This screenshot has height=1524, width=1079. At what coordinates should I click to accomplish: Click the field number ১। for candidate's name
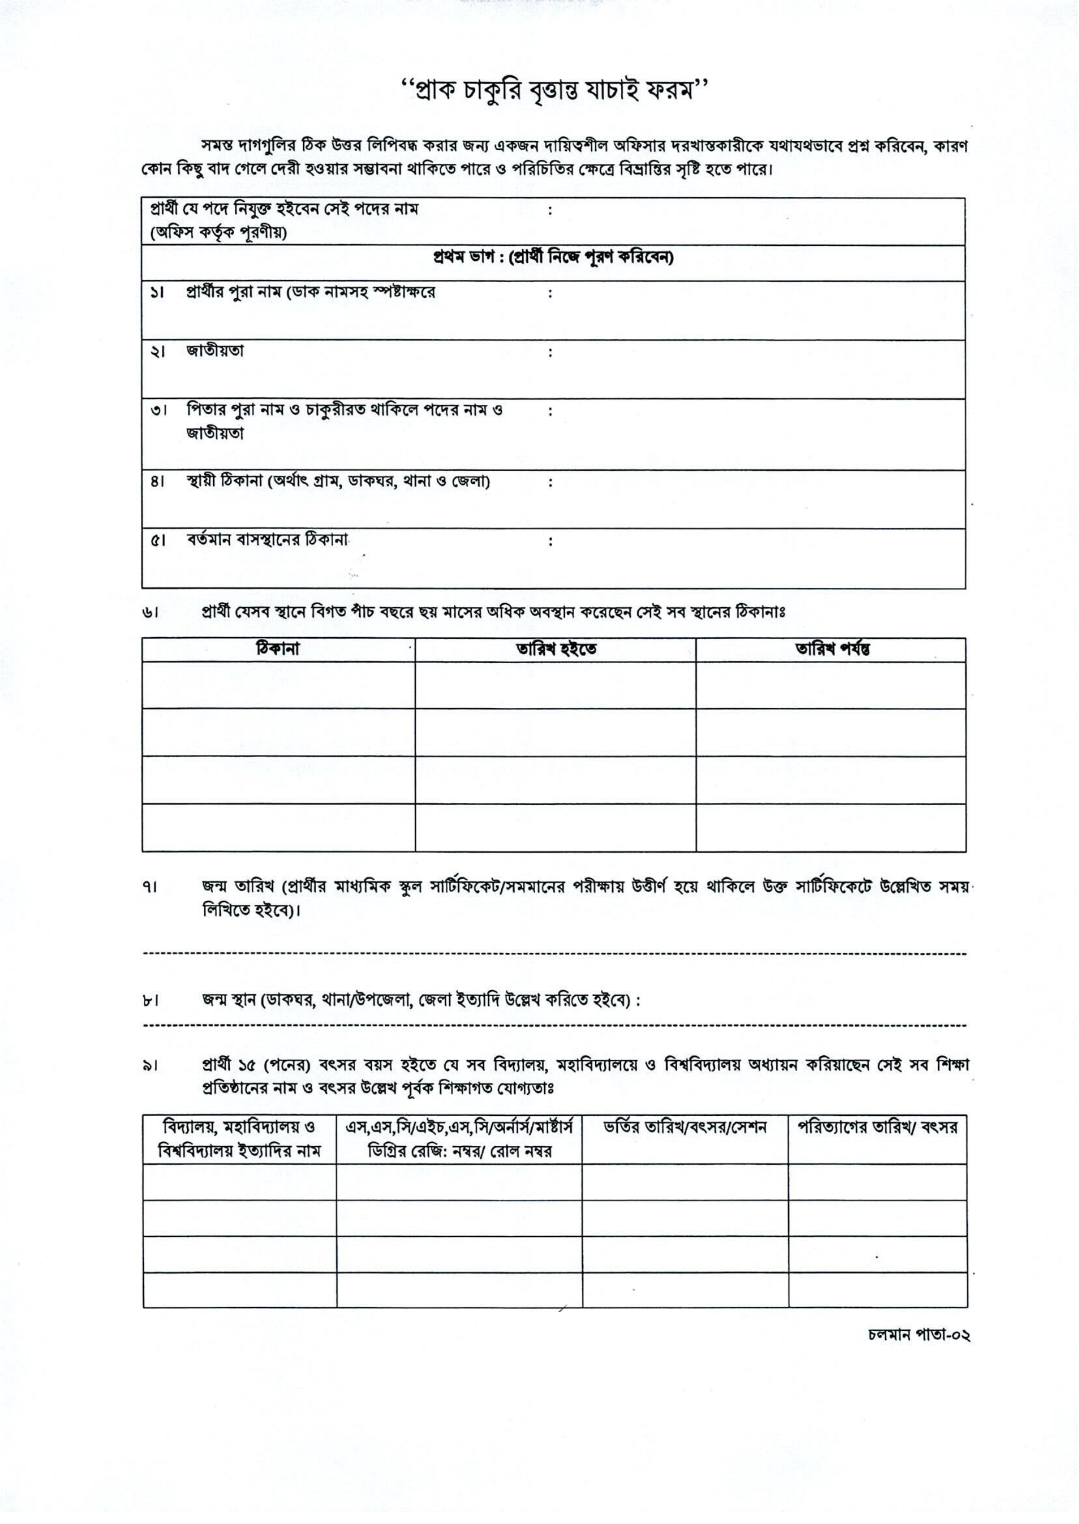click(157, 293)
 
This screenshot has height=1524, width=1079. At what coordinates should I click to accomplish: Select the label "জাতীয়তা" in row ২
click(215, 351)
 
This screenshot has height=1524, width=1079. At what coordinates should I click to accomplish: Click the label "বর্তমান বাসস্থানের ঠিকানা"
click(267, 541)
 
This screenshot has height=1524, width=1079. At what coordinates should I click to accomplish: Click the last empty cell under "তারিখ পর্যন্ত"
click(831, 828)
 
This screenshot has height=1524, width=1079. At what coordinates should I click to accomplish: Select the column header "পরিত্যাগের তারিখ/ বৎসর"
click(877, 1128)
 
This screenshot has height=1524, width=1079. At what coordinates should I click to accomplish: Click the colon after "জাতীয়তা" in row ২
click(550, 353)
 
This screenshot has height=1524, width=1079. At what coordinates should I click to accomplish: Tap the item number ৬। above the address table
click(149, 612)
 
